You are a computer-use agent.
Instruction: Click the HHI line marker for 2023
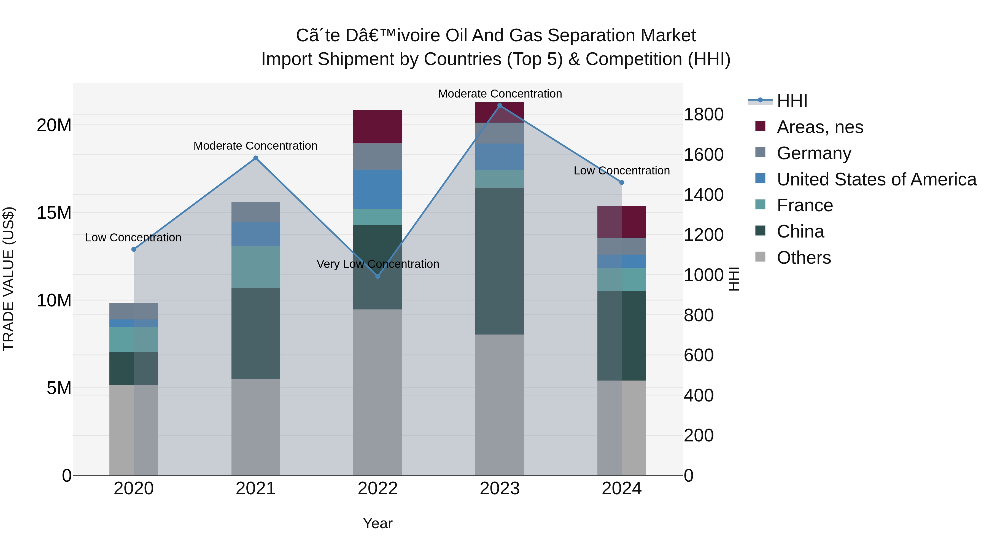(x=500, y=106)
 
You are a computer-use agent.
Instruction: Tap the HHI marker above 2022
(x=378, y=276)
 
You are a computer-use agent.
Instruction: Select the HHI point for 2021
(x=255, y=158)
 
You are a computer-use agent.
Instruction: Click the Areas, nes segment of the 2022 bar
(x=378, y=127)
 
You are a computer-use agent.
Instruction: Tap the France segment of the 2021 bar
(x=255, y=266)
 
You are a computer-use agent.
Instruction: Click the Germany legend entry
(x=814, y=153)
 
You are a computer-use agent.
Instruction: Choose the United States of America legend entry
(x=876, y=179)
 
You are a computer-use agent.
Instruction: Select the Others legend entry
(x=804, y=258)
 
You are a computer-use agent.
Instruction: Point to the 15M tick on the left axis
(x=54, y=213)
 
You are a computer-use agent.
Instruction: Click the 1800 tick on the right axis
(x=703, y=114)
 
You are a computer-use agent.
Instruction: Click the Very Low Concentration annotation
(x=378, y=264)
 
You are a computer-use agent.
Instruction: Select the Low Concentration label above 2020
(x=133, y=238)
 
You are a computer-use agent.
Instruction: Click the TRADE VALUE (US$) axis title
(x=9, y=279)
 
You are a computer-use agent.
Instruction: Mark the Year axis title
(x=378, y=523)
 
